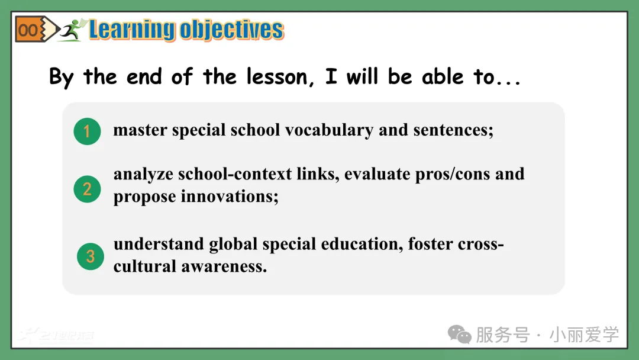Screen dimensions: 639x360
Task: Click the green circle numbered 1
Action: pyautogui.click(x=87, y=131)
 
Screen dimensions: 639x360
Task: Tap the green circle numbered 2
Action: pyautogui.click(x=87, y=189)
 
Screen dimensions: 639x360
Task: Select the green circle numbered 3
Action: pyautogui.click(x=91, y=256)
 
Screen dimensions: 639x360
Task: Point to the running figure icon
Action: pyautogui.click(x=73, y=30)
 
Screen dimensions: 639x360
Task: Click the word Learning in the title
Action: pyautogui.click(x=132, y=30)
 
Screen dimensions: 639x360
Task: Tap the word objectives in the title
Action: pyautogui.click(x=232, y=30)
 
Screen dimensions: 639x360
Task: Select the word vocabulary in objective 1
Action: pyautogui.click(x=329, y=130)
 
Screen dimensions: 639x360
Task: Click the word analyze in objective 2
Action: pyautogui.click(x=143, y=175)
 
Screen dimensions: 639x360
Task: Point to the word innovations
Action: pyautogui.click(x=230, y=197)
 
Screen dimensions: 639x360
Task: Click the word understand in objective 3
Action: pyautogui.click(x=159, y=244)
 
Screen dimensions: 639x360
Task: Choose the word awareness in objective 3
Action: pyautogui.click(x=224, y=266)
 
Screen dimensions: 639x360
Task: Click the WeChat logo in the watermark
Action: pyautogui.click(x=459, y=335)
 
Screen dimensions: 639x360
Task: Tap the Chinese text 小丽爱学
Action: pyautogui.click(x=584, y=335)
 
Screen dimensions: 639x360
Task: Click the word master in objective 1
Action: pyautogui.click(x=140, y=130)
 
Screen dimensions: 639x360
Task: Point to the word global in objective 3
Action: pyautogui.click(x=233, y=245)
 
